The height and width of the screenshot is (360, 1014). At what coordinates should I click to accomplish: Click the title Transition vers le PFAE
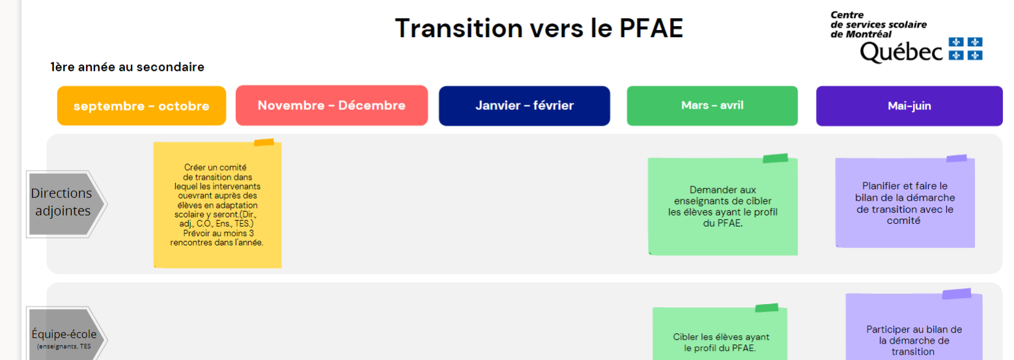click(539, 28)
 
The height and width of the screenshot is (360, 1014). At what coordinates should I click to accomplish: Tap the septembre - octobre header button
click(141, 106)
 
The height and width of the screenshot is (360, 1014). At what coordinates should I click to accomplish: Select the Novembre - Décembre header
click(331, 105)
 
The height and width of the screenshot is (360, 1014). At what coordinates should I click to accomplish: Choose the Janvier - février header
click(524, 105)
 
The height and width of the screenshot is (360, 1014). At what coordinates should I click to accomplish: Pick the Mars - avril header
click(712, 105)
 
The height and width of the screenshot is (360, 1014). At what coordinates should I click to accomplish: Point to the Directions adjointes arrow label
click(64, 202)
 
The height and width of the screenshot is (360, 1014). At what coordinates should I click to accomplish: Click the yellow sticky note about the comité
click(217, 205)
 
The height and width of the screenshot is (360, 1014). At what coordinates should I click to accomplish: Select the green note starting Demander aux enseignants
click(722, 206)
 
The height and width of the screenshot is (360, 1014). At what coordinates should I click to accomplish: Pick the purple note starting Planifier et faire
click(905, 203)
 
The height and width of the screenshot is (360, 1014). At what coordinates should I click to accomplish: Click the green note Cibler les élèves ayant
click(720, 342)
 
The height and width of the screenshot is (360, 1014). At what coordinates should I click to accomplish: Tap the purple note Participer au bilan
click(913, 339)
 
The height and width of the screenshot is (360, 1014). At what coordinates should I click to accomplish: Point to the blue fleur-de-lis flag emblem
click(966, 49)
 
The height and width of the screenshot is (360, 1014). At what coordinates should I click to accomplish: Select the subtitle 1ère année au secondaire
click(127, 67)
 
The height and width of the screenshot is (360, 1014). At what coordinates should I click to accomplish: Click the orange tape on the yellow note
click(264, 142)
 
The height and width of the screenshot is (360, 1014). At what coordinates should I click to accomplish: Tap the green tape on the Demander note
click(775, 158)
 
